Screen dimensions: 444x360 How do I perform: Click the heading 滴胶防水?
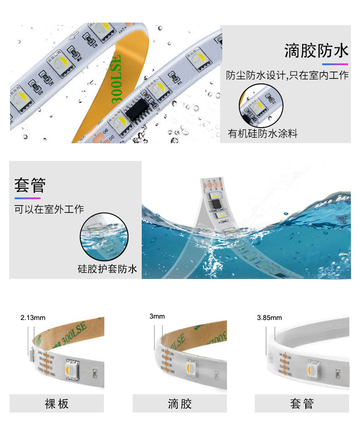[316, 51]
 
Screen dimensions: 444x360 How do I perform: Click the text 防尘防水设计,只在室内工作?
[287, 75]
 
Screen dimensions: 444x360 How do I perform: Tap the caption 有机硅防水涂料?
[262, 134]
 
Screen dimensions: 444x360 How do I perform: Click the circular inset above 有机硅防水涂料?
[261, 105]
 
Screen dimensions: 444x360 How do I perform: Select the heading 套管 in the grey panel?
[30, 186]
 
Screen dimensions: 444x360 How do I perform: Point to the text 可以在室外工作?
[49, 209]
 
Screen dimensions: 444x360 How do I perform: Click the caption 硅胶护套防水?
[107, 269]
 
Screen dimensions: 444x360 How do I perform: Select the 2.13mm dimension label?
[33, 318]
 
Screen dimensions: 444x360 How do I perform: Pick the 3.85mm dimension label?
[269, 318]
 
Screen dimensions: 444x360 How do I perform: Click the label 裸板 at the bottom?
[57, 403]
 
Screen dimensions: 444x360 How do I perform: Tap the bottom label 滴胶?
[180, 403]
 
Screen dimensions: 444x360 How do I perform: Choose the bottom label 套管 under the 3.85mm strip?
[302, 403]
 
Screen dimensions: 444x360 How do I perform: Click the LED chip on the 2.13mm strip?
[73, 368]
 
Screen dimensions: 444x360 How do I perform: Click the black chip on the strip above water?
[215, 200]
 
